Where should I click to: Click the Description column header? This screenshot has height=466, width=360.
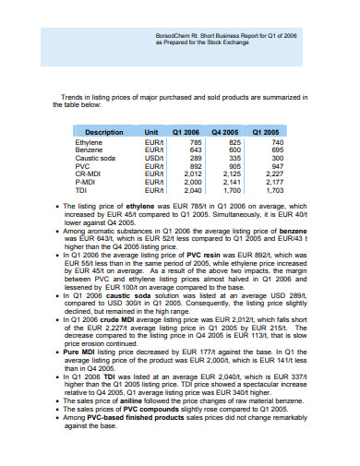(103, 133)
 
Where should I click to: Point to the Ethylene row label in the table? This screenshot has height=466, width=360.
(89, 143)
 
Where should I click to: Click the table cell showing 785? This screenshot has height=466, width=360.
(195, 143)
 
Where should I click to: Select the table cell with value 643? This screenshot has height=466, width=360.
(195, 150)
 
